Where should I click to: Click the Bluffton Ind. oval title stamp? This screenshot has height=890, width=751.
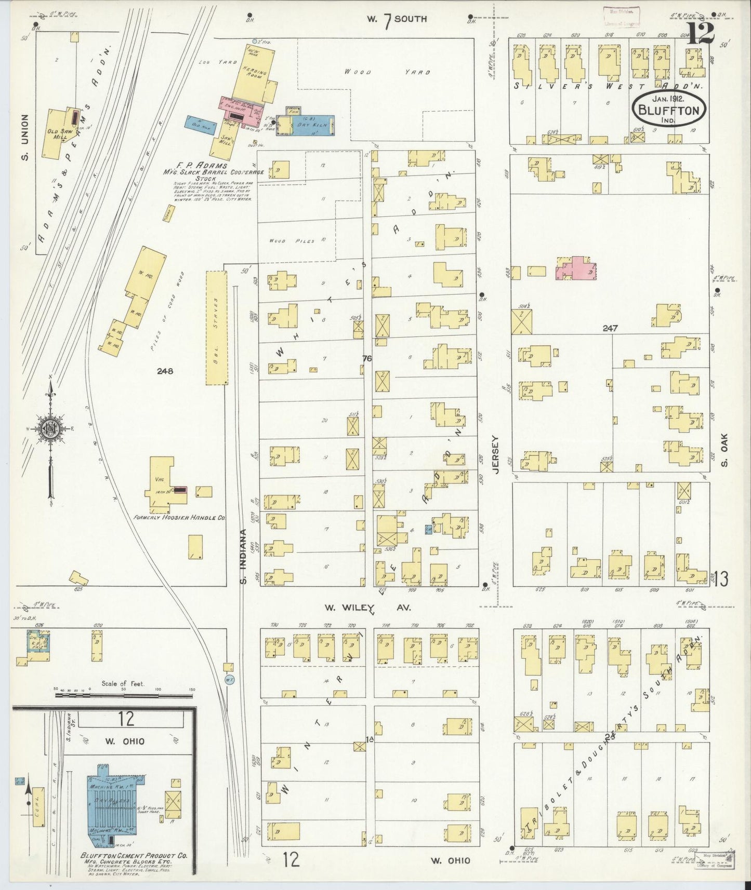pos(669,109)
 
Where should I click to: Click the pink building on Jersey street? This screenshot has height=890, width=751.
pos(576,269)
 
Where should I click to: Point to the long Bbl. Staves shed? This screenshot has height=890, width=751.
pos(217,327)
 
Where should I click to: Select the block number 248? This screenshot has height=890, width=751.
pos(166,371)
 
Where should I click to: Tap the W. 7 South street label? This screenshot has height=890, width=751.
pos(396,19)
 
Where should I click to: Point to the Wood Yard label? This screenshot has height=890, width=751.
pos(387,72)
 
